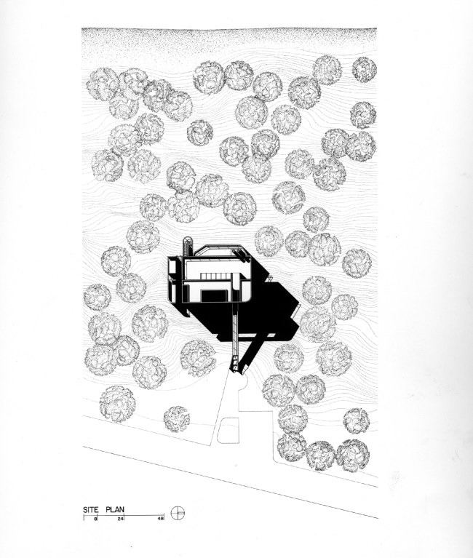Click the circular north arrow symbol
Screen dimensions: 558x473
pos(178,512)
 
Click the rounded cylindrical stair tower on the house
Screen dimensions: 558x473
pos(186,245)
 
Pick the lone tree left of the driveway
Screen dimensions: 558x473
pos(177,418)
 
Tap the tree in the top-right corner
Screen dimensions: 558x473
pos(365,70)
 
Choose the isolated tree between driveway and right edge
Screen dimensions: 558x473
pos(356,420)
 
